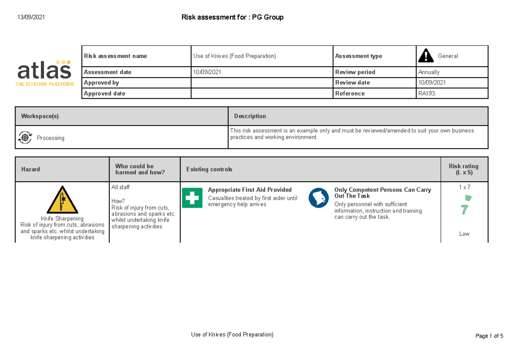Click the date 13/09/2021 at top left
(x=31, y=17)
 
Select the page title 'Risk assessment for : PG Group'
(x=232, y=17)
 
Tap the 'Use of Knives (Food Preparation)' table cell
(x=235, y=56)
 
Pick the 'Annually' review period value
(x=429, y=72)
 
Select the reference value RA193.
(x=427, y=93)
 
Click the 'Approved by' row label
(x=101, y=83)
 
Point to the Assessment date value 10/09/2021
(x=207, y=72)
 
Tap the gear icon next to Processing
(x=25, y=137)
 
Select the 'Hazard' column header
(x=31, y=169)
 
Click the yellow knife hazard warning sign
(x=62, y=200)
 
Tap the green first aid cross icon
(x=192, y=198)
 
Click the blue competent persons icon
(x=319, y=198)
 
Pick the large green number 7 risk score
(x=464, y=210)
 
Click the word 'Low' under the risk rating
(x=464, y=234)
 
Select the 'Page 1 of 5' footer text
(x=489, y=336)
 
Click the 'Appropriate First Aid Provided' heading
(x=250, y=190)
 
